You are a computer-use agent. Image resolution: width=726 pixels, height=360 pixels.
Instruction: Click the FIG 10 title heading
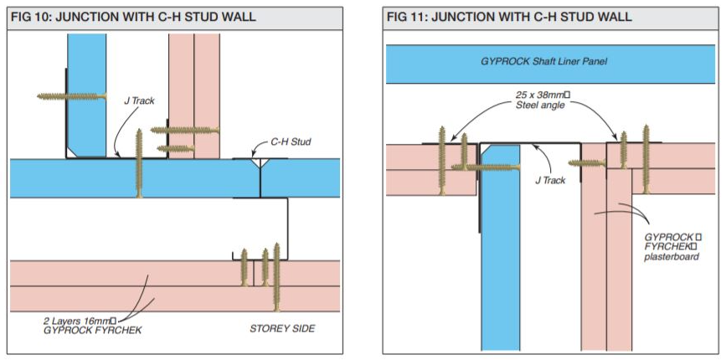[x=133, y=18]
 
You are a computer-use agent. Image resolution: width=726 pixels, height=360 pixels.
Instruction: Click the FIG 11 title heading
[x=509, y=18]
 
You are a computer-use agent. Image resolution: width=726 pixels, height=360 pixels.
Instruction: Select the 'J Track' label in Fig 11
[x=550, y=181]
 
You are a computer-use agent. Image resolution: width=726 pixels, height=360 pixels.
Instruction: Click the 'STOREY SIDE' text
[x=282, y=329]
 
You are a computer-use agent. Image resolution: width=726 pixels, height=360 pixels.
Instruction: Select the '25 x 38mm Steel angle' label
[x=542, y=100]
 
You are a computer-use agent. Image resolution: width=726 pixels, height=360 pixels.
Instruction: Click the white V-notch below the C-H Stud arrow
[x=260, y=162]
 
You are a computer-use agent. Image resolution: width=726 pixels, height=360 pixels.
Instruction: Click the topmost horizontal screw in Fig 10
[x=72, y=96]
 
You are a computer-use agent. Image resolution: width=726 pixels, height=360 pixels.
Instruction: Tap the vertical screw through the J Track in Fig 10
[x=139, y=163]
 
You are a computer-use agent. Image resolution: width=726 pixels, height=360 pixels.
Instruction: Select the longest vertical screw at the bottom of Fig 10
[x=277, y=277]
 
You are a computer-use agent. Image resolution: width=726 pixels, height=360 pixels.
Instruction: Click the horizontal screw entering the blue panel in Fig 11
[x=486, y=167]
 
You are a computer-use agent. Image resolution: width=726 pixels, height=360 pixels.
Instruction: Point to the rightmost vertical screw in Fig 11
[x=646, y=159]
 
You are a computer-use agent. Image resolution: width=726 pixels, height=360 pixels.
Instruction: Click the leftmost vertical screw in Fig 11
[x=442, y=161]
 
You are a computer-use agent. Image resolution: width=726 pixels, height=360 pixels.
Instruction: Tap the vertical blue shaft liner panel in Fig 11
[x=501, y=247]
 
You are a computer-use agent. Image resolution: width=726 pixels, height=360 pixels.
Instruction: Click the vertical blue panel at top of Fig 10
[x=87, y=95]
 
